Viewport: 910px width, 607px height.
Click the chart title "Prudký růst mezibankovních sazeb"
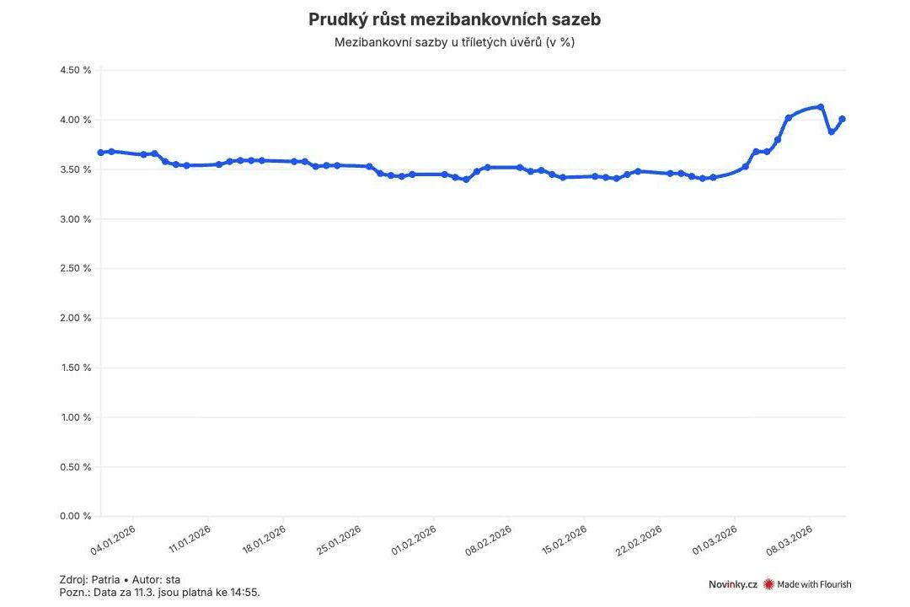click(x=455, y=19)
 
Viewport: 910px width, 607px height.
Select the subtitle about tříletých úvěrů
click(x=455, y=42)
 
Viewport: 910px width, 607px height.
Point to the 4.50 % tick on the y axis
click(x=75, y=71)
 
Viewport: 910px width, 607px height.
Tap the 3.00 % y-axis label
click(x=75, y=219)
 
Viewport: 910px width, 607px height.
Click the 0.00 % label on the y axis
click(x=75, y=517)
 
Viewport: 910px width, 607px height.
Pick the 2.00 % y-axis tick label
click(x=75, y=319)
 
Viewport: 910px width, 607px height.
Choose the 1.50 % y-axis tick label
click(x=75, y=368)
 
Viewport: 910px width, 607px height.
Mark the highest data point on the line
click(x=821, y=107)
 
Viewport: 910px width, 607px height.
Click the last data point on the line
click(x=842, y=119)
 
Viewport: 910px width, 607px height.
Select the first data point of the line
click(x=100, y=153)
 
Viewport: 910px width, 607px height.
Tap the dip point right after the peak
click(x=831, y=132)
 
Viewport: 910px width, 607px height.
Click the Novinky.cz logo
click(x=732, y=584)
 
